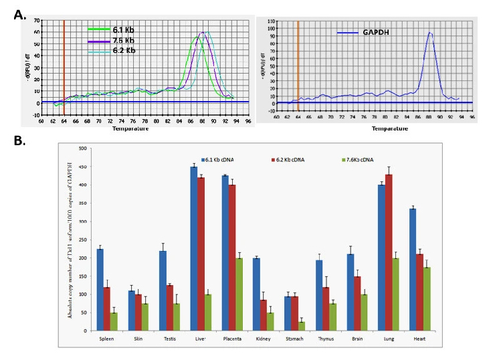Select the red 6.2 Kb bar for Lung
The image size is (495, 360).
coord(388,252)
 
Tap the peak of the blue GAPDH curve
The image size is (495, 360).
coord(430,33)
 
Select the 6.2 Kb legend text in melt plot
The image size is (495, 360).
coord(122,50)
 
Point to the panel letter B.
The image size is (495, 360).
coord(20,142)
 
